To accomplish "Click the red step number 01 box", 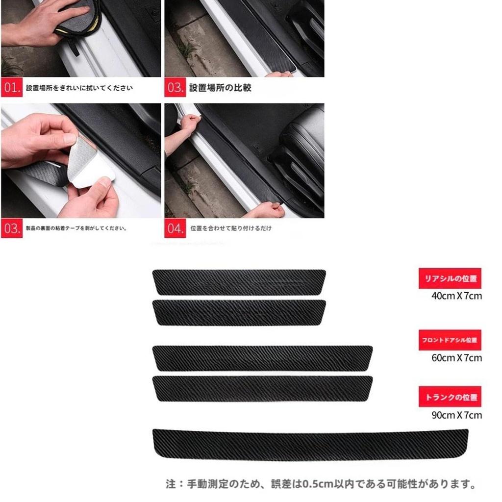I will (12, 88).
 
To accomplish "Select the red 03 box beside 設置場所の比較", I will (176, 88).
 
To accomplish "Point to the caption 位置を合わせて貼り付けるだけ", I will (230, 228).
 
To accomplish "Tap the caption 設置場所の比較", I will (220, 88).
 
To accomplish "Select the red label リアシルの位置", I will (450, 278).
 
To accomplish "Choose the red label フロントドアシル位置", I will (450, 340).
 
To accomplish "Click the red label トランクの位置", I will (450, 397).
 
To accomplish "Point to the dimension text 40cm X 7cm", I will (456, 296).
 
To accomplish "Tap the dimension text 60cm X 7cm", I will (456, 357).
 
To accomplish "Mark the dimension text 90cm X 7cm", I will (456, 415).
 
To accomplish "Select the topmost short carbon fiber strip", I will (239, 282).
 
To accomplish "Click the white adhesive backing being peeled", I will (91, 164).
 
